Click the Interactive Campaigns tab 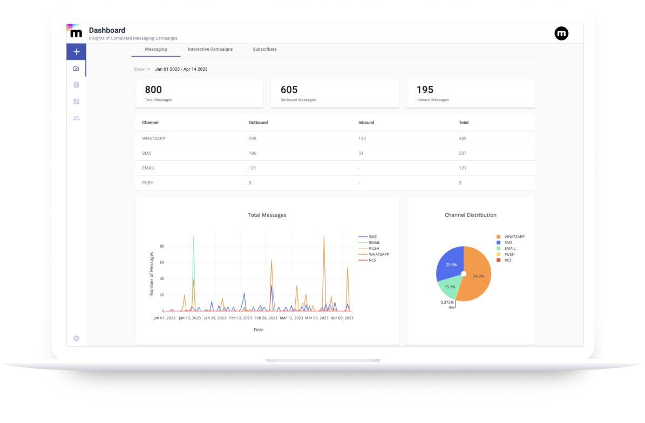click(x=210, y=49)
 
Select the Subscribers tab click(x=264, y=49)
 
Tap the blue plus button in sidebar click(x=77, y=52)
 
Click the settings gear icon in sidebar click(x=76, y=338)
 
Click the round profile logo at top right click(x=561, y=33)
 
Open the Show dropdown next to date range click(x=142, y=69)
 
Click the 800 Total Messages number click(x=153, y=90)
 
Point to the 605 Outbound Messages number click(x=289, y=90)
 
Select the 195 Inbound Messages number click(x=425, y=90)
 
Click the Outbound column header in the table click(x=258, y=122)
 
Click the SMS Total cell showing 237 click(x=463, y=153)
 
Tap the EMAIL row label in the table click(x=148, y=168)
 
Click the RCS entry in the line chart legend click(x=373, y=260)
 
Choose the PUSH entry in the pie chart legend click(x=509, y=254)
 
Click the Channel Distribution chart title click(x=470, y=215)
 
